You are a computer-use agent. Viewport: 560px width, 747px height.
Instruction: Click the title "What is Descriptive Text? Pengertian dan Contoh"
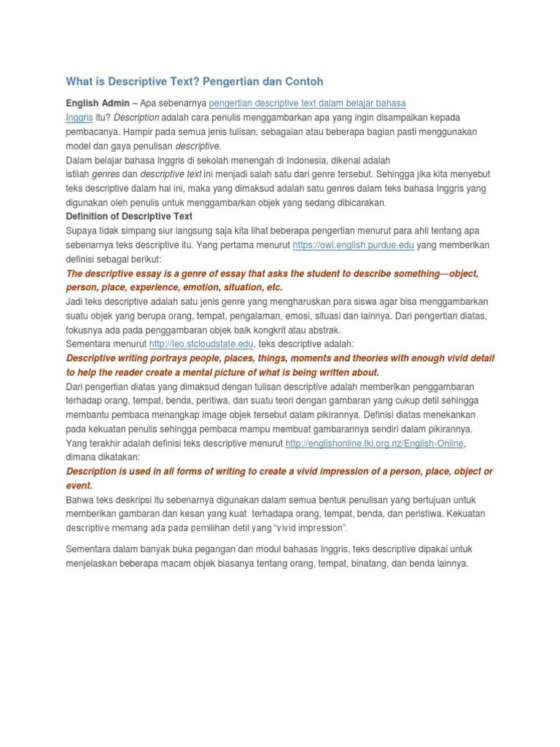tap(195, 81)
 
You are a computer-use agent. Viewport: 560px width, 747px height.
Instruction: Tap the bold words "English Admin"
tap(98, 103)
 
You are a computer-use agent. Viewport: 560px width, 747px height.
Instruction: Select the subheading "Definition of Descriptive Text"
tap(129, 216)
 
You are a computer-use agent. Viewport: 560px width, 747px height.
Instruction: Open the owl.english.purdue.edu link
tap(353, 245)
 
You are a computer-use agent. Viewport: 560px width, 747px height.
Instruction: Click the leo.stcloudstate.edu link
tap(202, 344)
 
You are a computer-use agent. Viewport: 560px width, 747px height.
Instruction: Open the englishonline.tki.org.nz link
tap(375, 443)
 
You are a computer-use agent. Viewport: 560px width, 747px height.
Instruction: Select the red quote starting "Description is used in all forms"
tap(279, 471)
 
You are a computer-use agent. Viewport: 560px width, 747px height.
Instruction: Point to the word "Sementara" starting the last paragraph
tap(90, 549)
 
